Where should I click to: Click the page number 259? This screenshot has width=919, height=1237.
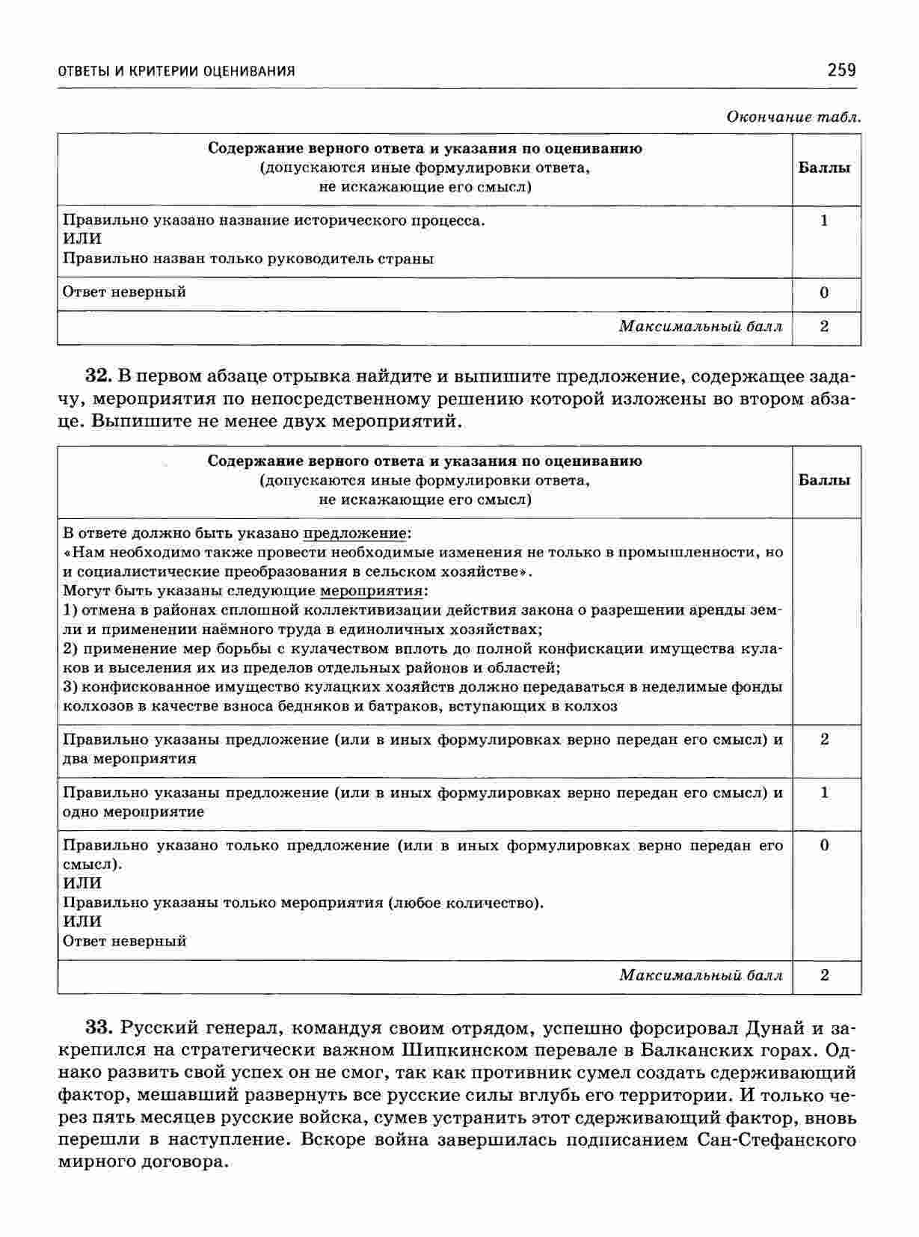point(841,70)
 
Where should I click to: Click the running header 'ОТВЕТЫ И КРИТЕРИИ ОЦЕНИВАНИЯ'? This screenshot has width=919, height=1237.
point(176,71)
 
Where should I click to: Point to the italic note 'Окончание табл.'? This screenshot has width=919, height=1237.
point(794,117)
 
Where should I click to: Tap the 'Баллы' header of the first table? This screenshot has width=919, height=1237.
point(825,168)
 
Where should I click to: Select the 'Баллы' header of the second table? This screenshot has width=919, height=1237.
point(825,480)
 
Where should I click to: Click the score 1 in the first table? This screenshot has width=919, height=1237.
point(824,221)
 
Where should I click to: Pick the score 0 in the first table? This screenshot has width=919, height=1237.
point(824,292)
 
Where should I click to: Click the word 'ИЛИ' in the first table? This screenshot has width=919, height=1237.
point(82,239)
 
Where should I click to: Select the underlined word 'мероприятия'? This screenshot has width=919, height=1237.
point(372,591)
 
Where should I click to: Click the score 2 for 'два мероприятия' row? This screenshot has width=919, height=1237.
point(824,740)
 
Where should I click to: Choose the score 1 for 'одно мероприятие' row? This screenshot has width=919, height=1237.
point(824,793)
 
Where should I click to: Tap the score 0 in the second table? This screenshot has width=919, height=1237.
point(824,846)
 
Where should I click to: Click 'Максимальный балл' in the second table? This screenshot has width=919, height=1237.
point(701,975)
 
